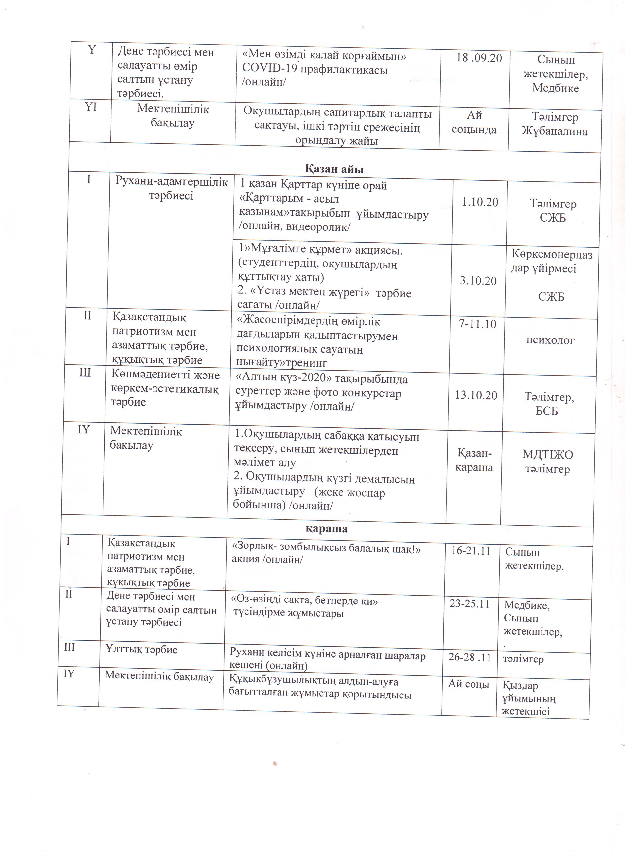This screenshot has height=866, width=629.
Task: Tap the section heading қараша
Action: point(327,528)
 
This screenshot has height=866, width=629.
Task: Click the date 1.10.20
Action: point(480,202)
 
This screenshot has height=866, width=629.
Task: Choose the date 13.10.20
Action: point(476,395)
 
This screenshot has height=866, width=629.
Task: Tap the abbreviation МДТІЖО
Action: point(548,454)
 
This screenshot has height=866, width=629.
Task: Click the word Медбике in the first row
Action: point(555,88)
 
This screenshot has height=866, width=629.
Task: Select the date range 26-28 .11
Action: point(470,658)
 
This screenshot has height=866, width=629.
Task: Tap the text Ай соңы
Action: point(468,684)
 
